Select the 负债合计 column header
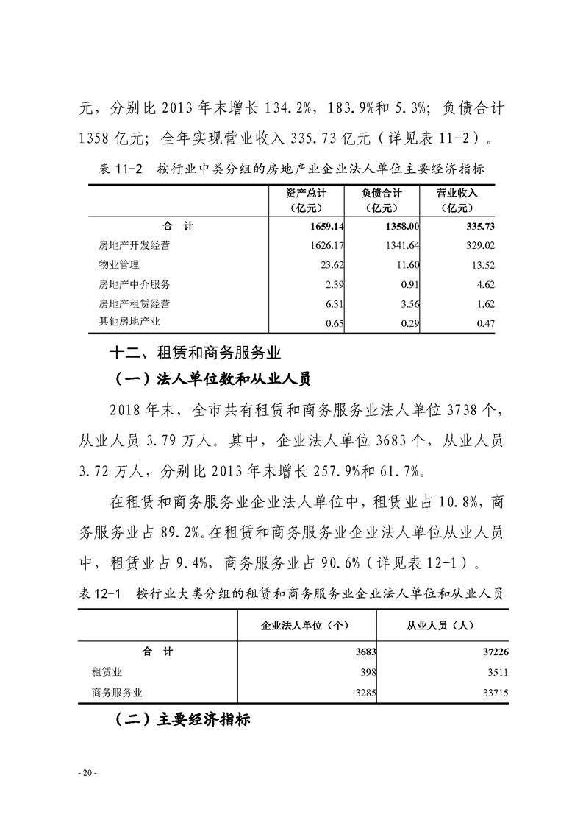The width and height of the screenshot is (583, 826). tap(381, 200)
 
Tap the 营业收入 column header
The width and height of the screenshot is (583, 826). tap(457, 200)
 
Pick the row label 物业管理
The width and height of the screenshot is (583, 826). tap(118, 265)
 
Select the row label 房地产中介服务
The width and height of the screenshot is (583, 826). tap(134, 284)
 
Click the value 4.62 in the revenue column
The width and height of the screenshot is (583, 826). tap(485, 284)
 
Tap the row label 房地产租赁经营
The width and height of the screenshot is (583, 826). tap(134, 303)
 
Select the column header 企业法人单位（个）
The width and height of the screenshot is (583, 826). tap(304, 625)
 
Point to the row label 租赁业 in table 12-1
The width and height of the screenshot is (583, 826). tap(107, 672)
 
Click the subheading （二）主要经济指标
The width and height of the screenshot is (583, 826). tap(182, 719)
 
